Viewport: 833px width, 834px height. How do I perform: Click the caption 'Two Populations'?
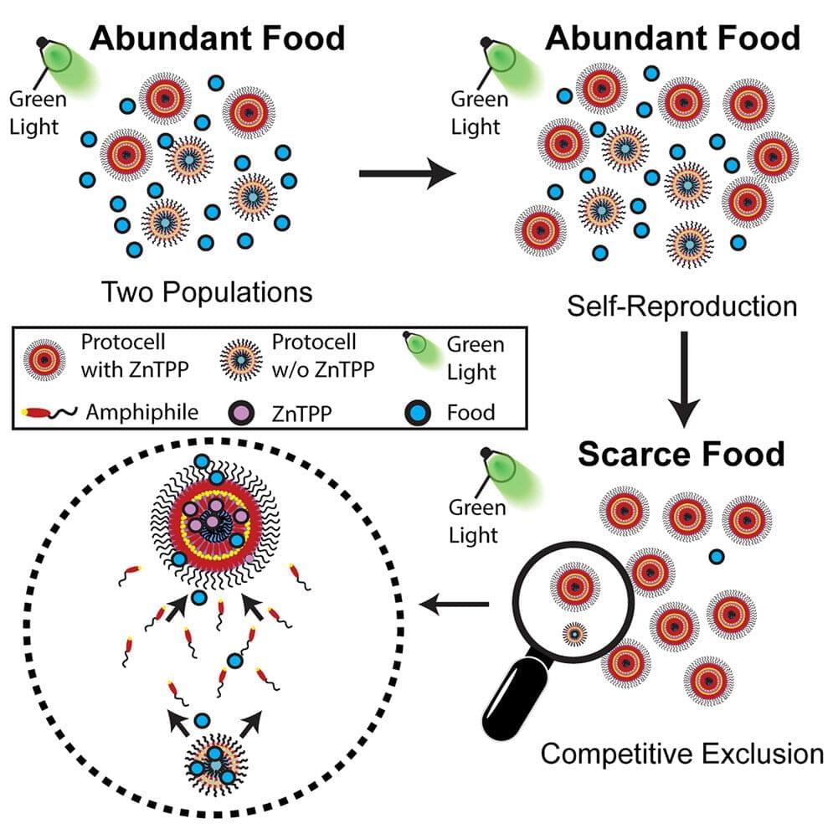pos(207,292)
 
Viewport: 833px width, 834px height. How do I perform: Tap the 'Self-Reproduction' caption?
pos(681,306)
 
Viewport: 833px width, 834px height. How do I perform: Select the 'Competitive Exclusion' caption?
pos(681,754)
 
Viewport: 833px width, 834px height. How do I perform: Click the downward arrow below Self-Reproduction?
pos(683,378)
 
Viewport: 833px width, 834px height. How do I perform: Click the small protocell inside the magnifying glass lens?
pos(574,633)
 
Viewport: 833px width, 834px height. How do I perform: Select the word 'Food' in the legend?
pos(470,412)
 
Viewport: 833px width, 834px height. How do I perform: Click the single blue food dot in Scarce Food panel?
pos(717,557)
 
